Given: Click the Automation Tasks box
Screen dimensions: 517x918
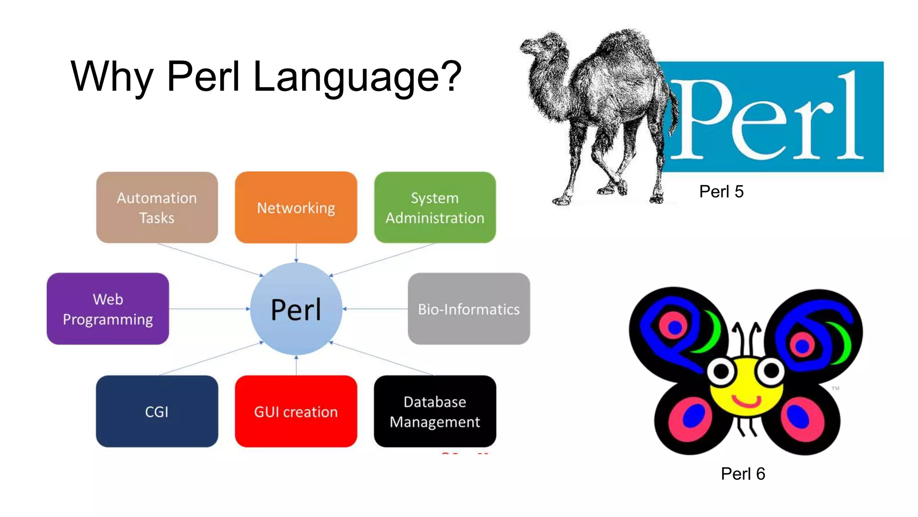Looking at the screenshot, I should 157,207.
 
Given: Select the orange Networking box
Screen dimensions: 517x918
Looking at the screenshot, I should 296,207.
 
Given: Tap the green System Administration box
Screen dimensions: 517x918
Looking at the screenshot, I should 435,207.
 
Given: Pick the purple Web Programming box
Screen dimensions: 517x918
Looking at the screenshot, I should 108,309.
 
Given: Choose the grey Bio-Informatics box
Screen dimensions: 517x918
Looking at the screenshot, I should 469,309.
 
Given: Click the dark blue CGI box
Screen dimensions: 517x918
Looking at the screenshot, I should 157,411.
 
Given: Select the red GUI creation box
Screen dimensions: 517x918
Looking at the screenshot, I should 296,411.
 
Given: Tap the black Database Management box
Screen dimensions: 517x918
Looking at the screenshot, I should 435,411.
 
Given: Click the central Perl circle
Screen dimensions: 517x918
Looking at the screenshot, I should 296,309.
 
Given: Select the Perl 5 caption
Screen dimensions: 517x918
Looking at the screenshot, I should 721,192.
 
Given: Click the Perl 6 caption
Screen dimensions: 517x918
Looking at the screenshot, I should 743,473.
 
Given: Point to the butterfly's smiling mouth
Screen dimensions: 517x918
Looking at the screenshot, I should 746,401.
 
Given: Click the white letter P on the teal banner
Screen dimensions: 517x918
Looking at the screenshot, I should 701,119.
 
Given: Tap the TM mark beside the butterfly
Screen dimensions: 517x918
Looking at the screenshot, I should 836,388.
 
